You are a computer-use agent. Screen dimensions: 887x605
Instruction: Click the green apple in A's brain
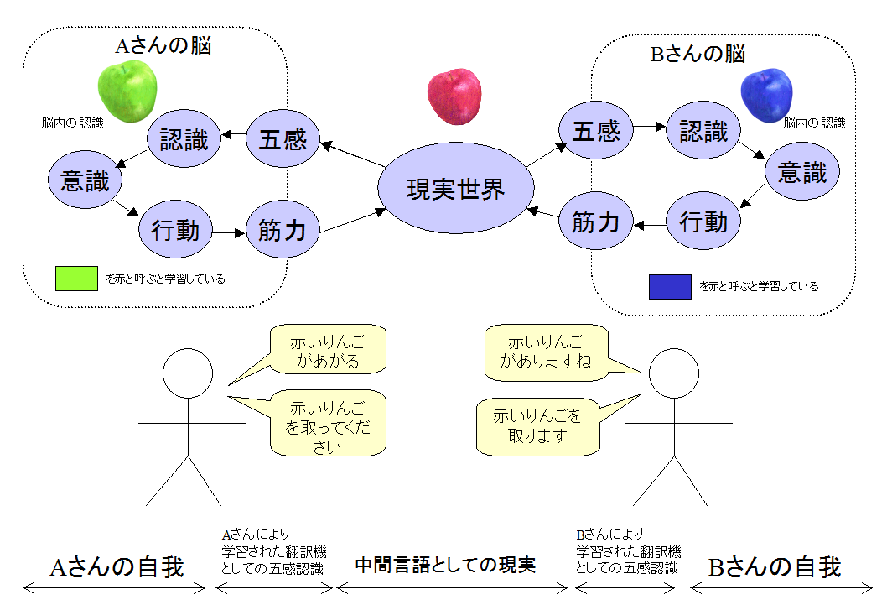tap(127, 91)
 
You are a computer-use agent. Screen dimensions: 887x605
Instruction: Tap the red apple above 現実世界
tap(454, 96)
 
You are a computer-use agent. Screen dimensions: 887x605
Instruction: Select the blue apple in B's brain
tap(766, 95)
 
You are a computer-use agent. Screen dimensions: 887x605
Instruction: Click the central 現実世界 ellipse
tap(456, 188)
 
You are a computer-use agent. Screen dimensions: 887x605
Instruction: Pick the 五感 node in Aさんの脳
tap(283, 138)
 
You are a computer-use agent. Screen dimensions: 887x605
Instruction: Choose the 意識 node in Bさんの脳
tap(802, 171)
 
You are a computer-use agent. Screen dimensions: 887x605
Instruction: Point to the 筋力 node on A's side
tap(283, 229)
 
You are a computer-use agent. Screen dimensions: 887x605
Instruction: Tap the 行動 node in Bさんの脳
tap(703, 221)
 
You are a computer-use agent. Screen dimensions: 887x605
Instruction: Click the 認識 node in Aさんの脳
tap(184, 138)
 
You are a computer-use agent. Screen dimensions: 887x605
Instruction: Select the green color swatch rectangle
tap(76, 279)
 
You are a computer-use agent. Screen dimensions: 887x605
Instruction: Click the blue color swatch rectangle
tap(670, 286)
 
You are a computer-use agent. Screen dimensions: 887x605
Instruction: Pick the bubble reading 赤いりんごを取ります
tap(538, 427)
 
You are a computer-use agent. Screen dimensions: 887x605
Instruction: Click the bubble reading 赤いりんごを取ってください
tap(328, 423)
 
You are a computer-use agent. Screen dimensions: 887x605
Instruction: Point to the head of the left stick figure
tap(188, 373)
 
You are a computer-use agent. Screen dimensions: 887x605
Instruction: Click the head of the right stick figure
tap(674, 373)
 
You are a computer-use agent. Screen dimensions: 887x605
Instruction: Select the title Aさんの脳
tap(163, 45)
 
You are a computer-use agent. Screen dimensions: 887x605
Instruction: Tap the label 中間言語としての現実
tap(445, 564)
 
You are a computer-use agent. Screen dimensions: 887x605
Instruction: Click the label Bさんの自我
tap(775, 567)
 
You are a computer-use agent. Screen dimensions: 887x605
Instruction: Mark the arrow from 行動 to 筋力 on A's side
tap(229, 232)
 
